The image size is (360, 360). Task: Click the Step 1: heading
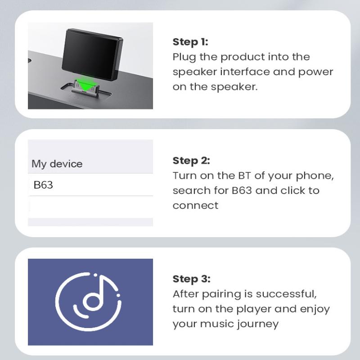pyautogui.click(x=191, y=42)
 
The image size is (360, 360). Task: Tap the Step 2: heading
pyautogui.click(x=191, y=161)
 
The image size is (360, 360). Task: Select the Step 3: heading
pyautogui.click(x=191, y=279)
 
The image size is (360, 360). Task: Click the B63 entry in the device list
pyautogui.click(x=43, y=184)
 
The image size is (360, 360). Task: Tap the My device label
pyautogui.click(x=57, y=164)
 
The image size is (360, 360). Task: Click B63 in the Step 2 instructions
pyautogui.click(x=242, y=190)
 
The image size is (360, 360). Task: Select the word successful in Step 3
pyautogui.click(x=290, y=294)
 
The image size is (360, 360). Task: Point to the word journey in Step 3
pyautogui.click(x=256, y=324)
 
